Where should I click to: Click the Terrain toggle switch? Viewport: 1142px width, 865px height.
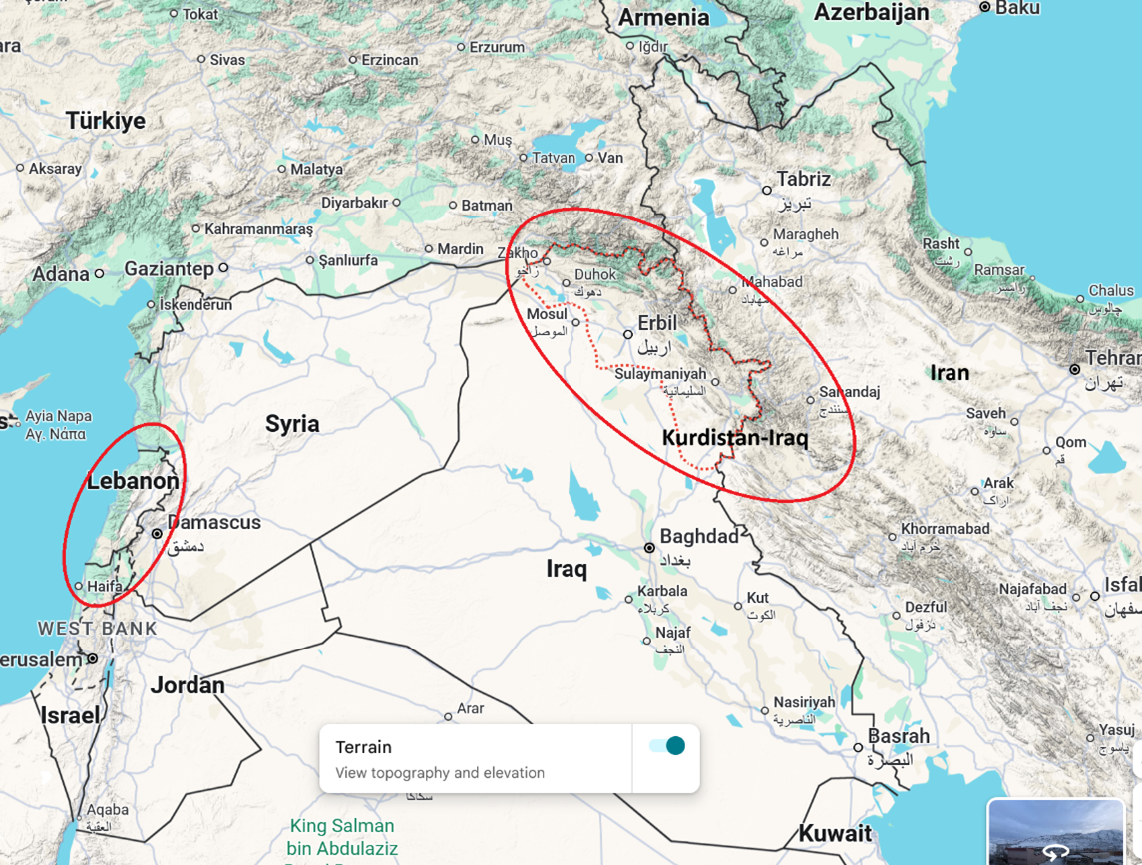pyautogui.click(x=667, y=746)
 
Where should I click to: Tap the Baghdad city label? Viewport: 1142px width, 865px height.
pyautogui.click(x=699, y=537)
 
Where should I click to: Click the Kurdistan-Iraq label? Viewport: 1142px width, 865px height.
pyautogui.click(x=735, y=438)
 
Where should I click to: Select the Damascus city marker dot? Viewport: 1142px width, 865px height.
pyautogui.click(x=157, y=534)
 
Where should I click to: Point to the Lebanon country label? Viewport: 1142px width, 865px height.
pyautogui.click(x=133, y=481)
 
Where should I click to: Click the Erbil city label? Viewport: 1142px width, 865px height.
pyautogui.click(x=657, y=324)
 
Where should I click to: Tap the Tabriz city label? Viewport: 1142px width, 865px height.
pyautogui.click(x=803, y=180)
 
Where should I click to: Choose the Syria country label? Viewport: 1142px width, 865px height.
pyautogui.click(x=292, y=423)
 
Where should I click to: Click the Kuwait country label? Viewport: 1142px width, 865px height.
pyautogui.click(x=835, y=833)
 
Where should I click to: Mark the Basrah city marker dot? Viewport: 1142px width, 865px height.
pyautogui.click(x=858, y=747)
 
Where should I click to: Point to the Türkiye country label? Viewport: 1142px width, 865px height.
pyautogui.click(x=105, y=121)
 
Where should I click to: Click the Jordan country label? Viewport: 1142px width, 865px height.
pyautogui.click(x=188, y=685)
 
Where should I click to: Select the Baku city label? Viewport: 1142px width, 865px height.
pyautogui.click(x=1017, y=8)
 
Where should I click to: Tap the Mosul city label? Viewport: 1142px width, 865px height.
pyautogui.click(x=547, y=314)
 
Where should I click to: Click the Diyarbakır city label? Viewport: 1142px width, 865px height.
pyautogui.click(x=354, y=203)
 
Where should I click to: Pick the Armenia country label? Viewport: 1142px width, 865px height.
pyautogui.click(x=663, y=17)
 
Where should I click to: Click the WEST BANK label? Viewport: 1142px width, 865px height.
pyautogui.click(x=97, y=629)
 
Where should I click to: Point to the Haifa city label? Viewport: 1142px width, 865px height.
pyautogui.click(x=105, y=587)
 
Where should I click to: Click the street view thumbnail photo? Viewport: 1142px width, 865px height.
pyautogui.click(x=1055, y=831)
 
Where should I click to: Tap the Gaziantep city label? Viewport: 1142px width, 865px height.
pyautogui.click(x=169, y=269)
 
